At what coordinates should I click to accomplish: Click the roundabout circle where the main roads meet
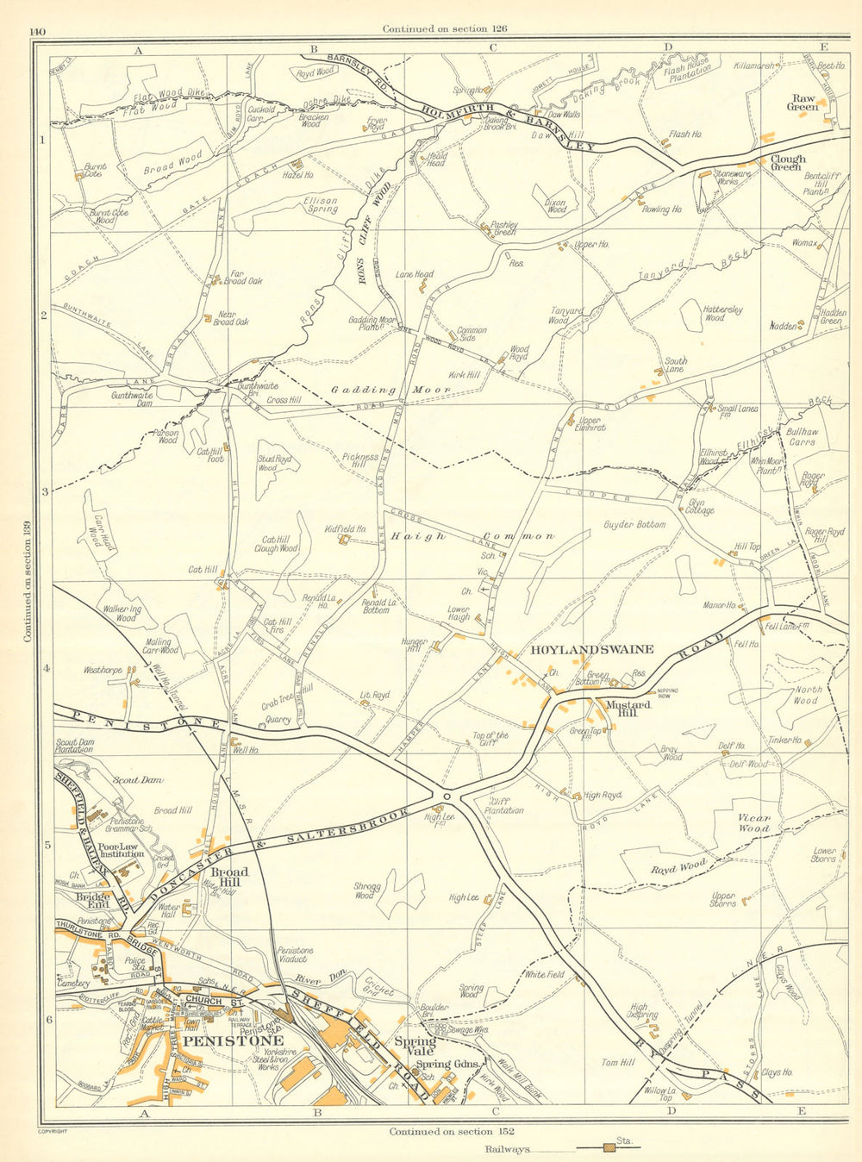click(447, 796)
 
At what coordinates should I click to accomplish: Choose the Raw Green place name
click(803, 103)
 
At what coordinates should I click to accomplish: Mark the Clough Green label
click(787, 162)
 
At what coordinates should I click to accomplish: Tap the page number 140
click(37, 33)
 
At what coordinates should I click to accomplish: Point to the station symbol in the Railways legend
click(609, 1147)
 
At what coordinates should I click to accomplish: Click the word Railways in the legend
click(506, 1149)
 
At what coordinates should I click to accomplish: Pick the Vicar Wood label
click(753, 822)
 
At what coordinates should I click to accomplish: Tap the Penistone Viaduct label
click(295, 955)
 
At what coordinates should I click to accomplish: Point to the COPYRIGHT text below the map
click(53, 1130)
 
